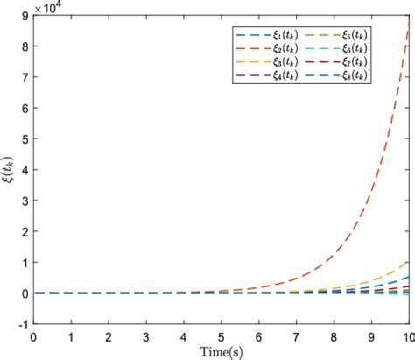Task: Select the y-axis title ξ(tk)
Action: point(10,171)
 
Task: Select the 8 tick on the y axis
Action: point(23,46)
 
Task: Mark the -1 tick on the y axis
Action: point(21,323)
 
